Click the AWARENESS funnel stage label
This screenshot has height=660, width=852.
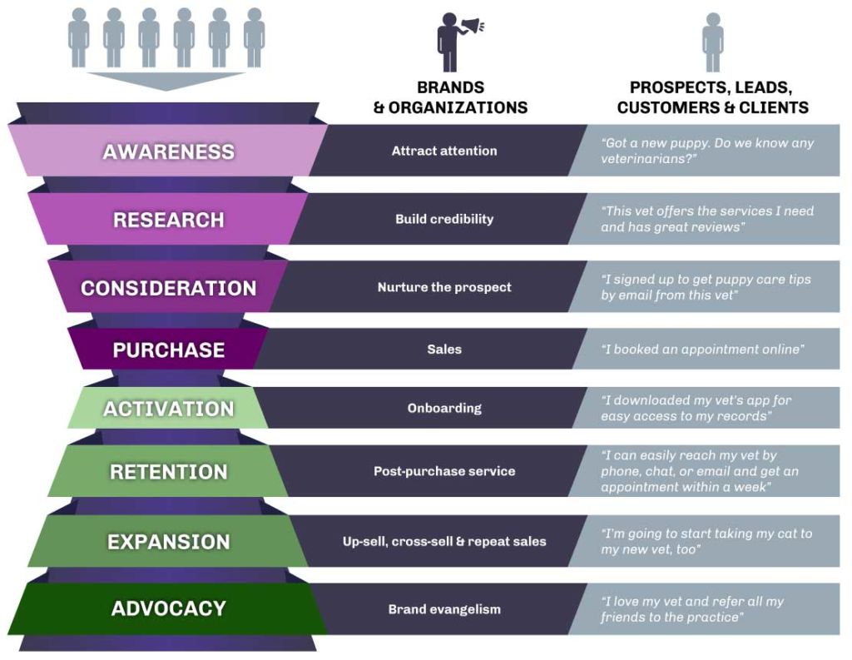click(168, 151)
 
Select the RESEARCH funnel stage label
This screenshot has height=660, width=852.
click(168, 220)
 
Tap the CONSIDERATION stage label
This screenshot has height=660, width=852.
click(168, 288)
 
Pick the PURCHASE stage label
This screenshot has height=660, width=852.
click(168, 350)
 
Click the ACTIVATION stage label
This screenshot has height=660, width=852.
click(168, 409)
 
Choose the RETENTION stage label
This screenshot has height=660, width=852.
click(168, 472)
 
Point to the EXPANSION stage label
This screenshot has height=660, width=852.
click(168, 542)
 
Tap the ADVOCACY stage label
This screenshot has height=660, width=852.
click(168, 608)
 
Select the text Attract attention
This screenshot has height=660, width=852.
click(444, 151)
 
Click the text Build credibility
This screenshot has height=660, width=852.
click(444, 219)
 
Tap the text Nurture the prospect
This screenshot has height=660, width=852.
click(444, 287)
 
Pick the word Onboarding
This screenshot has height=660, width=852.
click(444, 409)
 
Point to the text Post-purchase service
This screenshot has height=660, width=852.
click(444, 471)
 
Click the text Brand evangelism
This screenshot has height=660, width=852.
click(444, 609)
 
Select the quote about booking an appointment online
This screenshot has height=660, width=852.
click(702, 350)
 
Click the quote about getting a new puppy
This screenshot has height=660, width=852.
click(707, 151)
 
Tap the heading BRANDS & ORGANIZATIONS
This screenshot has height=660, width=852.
click(450, 97)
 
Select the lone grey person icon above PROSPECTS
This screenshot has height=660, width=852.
click(712, 42)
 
